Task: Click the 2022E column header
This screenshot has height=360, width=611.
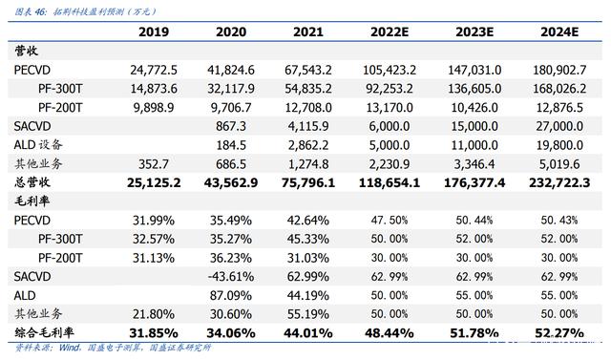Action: point(390,32)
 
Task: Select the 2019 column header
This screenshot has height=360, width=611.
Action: point(154,32)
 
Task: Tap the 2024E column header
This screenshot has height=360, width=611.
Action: point(559,32)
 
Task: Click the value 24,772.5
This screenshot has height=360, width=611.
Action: point(154,70)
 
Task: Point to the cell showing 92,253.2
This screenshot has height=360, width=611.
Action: point(390,89)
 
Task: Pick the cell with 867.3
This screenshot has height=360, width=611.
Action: point(231,126)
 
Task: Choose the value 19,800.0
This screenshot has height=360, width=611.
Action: point(559,145)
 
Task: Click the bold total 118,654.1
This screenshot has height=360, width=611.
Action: point(390,182)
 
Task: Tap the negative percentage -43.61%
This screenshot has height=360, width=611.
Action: point(231,277)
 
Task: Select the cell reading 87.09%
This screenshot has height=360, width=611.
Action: point(231,295)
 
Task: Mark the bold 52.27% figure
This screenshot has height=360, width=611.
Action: point(559,333)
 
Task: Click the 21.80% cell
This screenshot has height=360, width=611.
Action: point(154,314)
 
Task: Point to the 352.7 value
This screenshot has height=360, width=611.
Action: point(154,164)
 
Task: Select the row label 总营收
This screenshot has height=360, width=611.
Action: point(32,182)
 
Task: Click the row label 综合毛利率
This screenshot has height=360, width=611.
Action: point(44,332)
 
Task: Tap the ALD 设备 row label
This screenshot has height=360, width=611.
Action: point(38,145)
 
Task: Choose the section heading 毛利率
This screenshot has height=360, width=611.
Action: point(32,201)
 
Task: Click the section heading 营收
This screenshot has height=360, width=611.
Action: point(26,51)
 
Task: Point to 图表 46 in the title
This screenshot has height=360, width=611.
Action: point(30,11)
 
